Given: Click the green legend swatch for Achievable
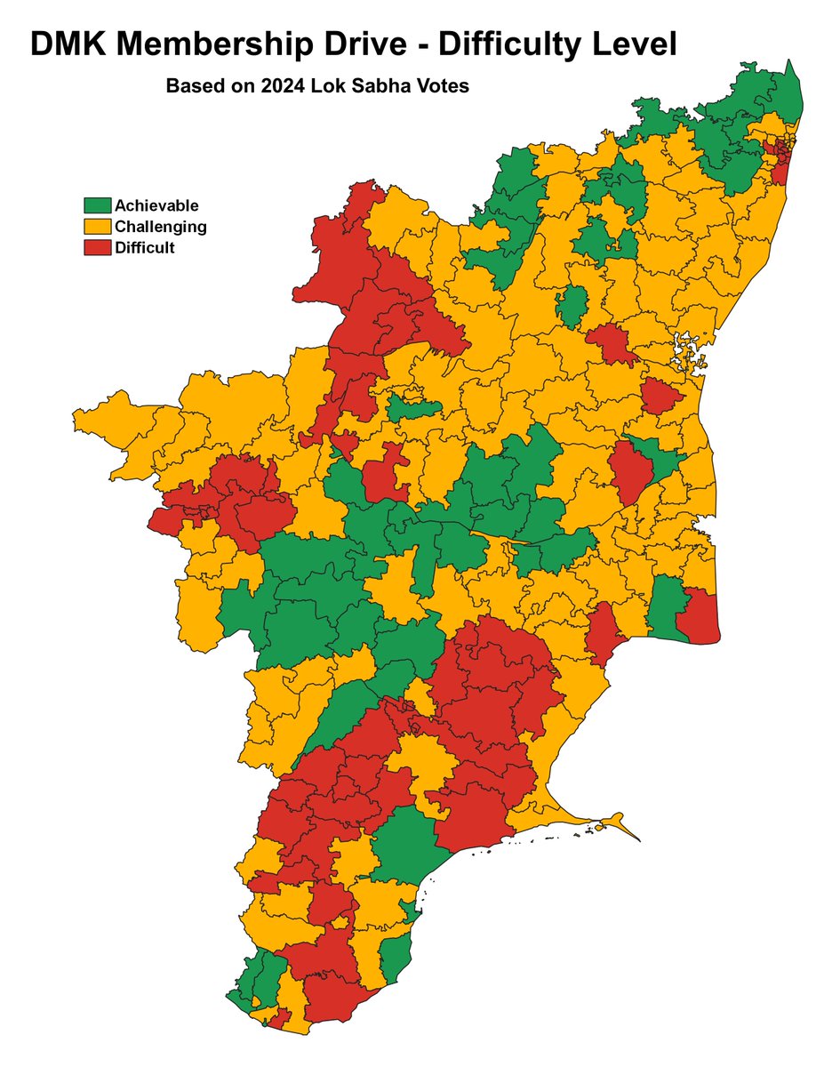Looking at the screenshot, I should [x=97, y=205].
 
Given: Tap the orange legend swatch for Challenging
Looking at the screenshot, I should [x=97, y=227].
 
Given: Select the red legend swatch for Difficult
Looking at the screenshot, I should [x=97, y=248].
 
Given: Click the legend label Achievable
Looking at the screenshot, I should [x=156, y=205].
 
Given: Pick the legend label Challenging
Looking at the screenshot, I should [x=161, y=227].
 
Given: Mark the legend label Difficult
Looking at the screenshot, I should [x=145, y=248].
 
